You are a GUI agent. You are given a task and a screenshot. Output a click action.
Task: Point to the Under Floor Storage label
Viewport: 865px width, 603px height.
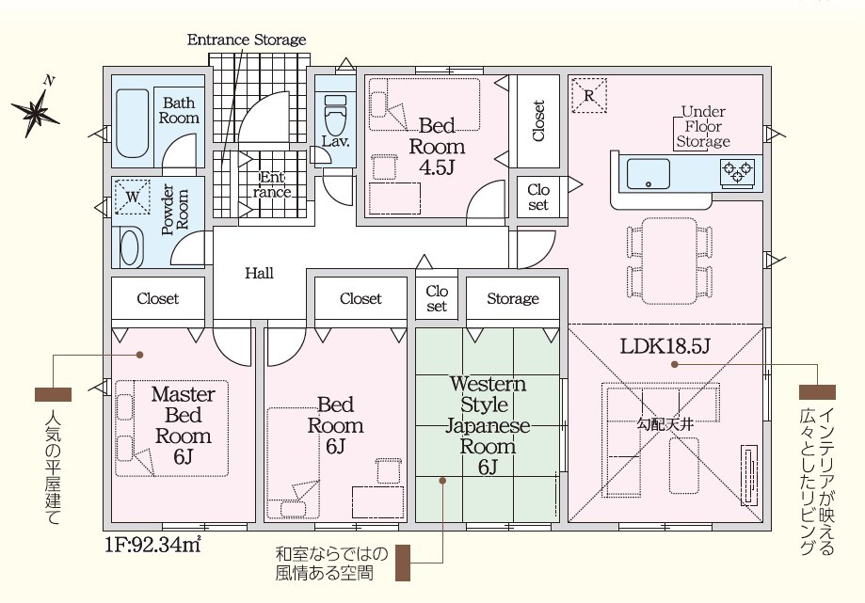[703, 126]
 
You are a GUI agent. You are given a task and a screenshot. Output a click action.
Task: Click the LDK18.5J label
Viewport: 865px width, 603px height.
[665, 346]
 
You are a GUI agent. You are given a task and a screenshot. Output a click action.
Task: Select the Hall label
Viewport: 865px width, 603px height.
[259, 274]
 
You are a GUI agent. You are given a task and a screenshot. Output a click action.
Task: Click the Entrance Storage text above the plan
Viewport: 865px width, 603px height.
[247, 40]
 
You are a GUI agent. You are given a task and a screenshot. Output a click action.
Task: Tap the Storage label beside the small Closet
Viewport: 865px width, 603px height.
[513, 299]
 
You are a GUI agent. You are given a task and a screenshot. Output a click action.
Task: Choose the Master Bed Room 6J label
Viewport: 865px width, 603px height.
[183, 425]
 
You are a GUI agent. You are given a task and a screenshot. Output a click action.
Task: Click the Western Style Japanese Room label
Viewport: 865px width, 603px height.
[488, 425]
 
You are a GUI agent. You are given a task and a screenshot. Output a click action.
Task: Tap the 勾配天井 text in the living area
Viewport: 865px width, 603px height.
[665, 424]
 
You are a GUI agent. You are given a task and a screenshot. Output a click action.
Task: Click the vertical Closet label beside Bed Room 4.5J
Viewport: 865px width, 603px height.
[538, 120]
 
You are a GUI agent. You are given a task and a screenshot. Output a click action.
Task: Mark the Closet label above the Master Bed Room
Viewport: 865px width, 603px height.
[157, 299]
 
